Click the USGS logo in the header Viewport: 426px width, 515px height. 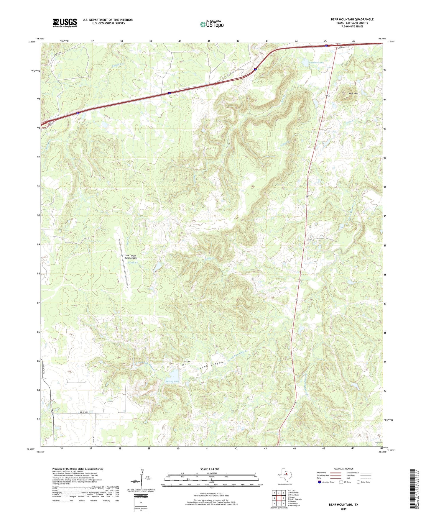point(65,23)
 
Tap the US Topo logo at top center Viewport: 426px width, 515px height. point(212,24)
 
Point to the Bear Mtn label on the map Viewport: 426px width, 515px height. point(353,94)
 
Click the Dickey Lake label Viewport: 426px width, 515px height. point(172,382)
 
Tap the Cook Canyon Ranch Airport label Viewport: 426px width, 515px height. point(130,257)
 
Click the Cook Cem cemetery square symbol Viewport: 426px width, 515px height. point(182,365)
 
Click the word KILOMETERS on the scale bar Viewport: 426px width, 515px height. point(211,473)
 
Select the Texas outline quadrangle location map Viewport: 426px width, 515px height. point(284,475)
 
